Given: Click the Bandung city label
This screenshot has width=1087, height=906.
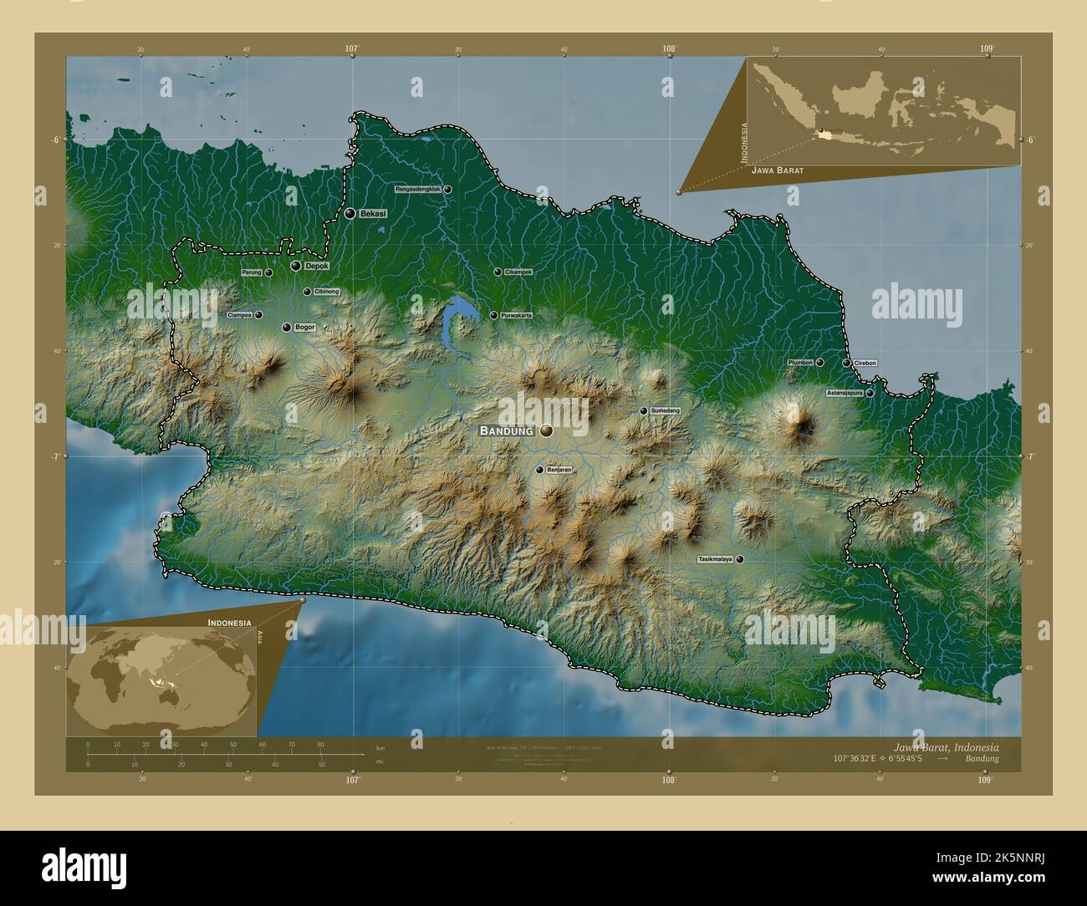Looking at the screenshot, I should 506,430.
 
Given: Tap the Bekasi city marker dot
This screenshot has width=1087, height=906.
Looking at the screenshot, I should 350,214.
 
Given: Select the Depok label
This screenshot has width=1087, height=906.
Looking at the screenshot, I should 316,266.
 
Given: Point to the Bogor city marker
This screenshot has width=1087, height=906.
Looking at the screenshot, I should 287,328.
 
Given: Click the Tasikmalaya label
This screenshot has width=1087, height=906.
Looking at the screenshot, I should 715,559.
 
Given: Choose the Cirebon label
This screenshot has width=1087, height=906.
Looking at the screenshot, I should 865,364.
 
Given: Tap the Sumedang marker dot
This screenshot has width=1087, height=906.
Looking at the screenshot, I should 643,411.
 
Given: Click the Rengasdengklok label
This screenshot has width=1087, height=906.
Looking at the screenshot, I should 417,190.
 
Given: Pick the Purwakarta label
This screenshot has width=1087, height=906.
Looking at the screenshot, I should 516,315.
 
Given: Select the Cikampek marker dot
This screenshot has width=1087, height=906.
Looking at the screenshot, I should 498,272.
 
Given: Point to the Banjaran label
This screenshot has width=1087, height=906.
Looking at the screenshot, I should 559,470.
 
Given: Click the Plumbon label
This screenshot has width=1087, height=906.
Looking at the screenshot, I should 800,363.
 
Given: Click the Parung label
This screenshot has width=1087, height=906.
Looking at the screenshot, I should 252,272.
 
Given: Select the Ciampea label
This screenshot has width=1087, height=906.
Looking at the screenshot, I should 239,315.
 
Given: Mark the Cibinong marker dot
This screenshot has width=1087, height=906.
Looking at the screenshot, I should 307,292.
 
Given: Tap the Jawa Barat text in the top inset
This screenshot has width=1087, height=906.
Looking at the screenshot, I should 777,171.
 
